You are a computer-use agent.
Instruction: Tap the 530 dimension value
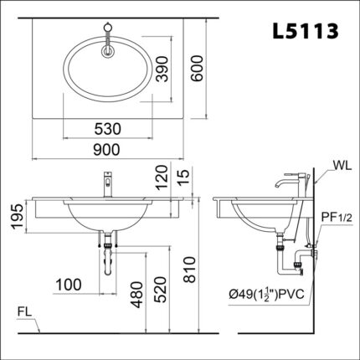(x=108, y=129)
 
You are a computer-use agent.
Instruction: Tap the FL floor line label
(x=26, y=313)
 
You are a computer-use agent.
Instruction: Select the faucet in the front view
(x=107, y=183)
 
